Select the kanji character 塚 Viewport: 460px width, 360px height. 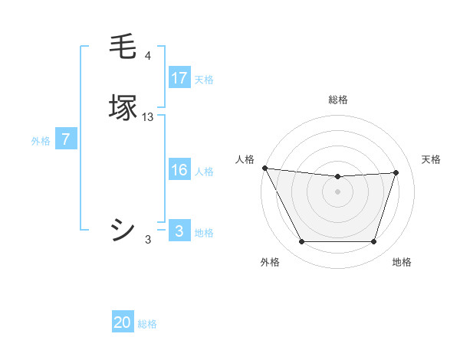(x=123, y=107)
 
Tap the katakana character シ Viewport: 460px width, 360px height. (x=123, y=230)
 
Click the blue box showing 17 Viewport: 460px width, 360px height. (x=179, y=77)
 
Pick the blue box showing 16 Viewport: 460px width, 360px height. (x=179, y=170)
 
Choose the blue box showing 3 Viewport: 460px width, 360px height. (x=179, y=231)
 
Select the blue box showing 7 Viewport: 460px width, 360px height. (x=66, y=139)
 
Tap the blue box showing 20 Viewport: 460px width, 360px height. (x=123, y=322)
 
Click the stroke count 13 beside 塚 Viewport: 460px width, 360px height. (x=148, y=117)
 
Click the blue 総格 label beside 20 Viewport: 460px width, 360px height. (x=147, y=324)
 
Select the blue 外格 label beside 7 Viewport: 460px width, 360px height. (x=40, y=141)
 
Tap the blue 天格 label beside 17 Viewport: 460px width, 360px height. (x=203, y=79)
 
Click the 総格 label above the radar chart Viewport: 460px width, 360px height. (x=337, y=100)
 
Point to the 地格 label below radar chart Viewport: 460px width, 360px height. (x=402, y=262)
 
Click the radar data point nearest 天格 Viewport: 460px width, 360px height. (x=396, y=172)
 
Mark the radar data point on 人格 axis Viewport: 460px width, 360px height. (x=264, y=168)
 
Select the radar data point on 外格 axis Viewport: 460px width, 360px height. (x=301, y=242)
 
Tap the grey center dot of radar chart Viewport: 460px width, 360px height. (x=337, y=191)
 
